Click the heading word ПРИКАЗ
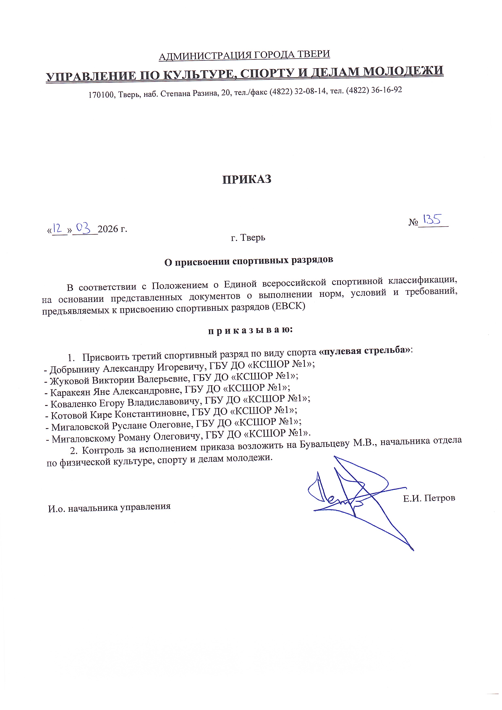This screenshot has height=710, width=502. click(247, 179)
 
